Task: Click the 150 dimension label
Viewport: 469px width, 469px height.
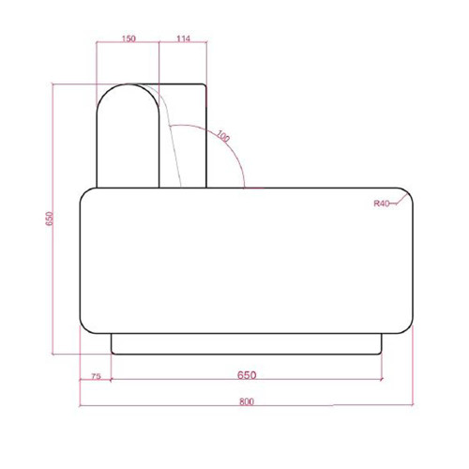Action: click(129, 38)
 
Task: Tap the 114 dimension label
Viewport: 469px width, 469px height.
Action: click(183, 38)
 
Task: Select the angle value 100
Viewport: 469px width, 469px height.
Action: click(223, 136)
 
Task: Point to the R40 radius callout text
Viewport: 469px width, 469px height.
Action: click(382, 204)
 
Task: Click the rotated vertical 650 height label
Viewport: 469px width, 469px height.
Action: click(50, 219)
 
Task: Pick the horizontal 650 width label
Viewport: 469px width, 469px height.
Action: click(247, 375)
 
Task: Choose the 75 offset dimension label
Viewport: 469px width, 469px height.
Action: click(96, 376)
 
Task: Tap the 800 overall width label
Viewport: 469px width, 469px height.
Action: click(247, 401)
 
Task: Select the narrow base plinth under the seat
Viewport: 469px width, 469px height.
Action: click(247, 344)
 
